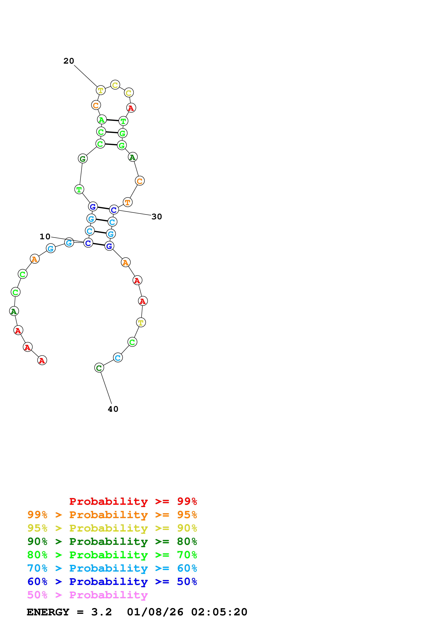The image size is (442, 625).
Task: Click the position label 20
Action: pyautogui.click(x=69, y=61)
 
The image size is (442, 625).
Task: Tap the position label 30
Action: pyautogui.click(x=157, y=217)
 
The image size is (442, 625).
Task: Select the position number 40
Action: pyautogui.click(x=113, y=409)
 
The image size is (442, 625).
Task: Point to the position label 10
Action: pyautogui.click(x=45, y=237)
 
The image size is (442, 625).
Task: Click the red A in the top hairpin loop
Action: pyautogui.click(x=131, y=108)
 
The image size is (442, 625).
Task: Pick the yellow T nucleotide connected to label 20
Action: pyautogui.click(x=101, y=90)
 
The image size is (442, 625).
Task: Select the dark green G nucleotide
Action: pyautogui.click(x=83, y=159)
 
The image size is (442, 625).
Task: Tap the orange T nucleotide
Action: pyautogui.click(x=127, y=202)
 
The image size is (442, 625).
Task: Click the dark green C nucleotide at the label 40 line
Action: pyautogui.click(x=99, y=368)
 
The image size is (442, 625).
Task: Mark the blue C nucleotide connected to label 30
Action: pyautogui.click(x=114, y=210)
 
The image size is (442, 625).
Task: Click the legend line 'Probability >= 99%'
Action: pyautogui.click(x=133, y=501)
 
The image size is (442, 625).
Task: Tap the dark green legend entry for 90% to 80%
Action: pyautogui.click(x=112, y=542)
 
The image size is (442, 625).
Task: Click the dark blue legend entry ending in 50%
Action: pyautogui.click(x=112, y=582)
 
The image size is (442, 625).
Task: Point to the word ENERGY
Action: pyautogui.click(x=48, y=612)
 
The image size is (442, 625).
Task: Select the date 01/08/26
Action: pyautogui.click(x=155, y=612)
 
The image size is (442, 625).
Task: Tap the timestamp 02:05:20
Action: pyautogui.click(x=219, y=612)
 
